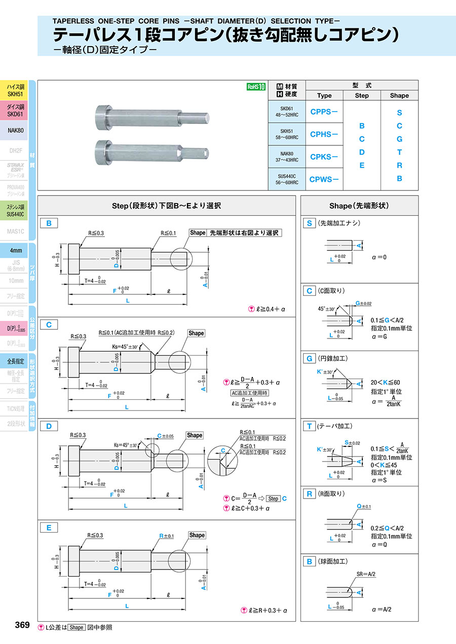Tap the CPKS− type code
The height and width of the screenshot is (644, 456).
point(324,157)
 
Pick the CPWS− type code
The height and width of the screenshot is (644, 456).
point(324,179)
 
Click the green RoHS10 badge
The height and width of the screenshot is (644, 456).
point(256,87)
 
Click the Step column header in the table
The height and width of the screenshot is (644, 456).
point(362,95)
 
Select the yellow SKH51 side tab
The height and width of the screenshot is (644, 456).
point(15,90)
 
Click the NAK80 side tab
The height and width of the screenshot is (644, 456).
point(15,130)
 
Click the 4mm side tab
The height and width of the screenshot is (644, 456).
point(15,251)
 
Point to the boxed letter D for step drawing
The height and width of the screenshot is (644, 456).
point(49,426)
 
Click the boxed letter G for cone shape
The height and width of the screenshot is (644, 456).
point(309,358)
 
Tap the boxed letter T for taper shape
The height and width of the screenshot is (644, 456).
point(309,426)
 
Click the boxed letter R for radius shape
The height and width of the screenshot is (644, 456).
point(309,494)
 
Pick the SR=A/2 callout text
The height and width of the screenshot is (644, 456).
point(365,574)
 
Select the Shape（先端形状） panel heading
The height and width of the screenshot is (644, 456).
point(359,206)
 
